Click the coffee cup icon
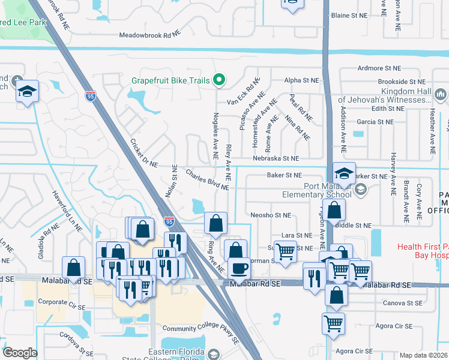tap(240, 269)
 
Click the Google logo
tap(20, 353)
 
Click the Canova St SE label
tap(402, 304)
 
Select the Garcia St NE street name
tap(375, 122)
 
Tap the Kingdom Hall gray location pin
tap(440, 94)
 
